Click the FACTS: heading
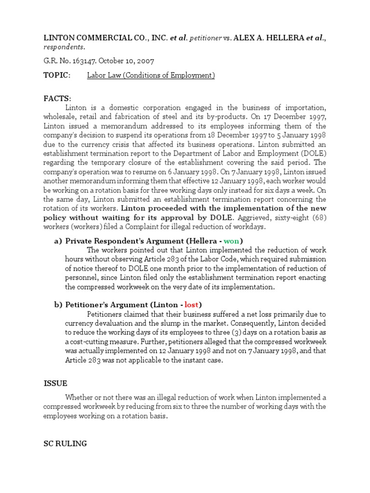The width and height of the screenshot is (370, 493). click(57, 98)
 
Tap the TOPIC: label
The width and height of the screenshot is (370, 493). click(57, 76)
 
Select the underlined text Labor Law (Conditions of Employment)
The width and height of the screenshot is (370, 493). click(151, 76)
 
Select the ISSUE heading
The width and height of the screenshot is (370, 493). click(55, 383)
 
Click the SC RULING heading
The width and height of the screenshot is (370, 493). click(65, 443)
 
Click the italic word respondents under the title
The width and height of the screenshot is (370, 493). click(64, 47)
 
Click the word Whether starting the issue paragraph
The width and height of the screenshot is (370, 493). click(80, 397)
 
